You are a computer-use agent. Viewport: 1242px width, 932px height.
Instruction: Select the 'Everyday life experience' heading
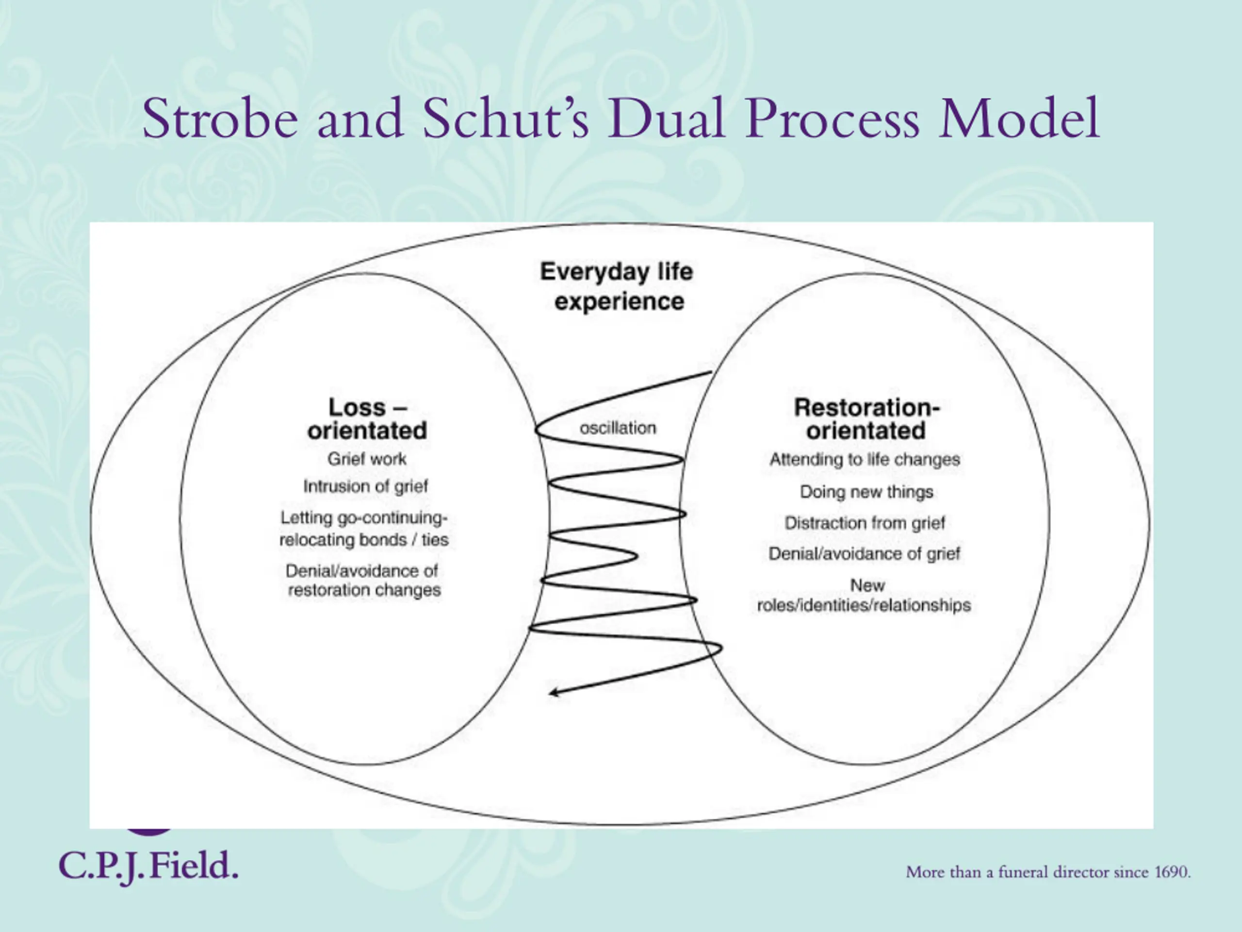(617, 286)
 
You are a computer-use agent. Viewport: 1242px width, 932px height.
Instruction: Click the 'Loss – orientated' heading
(367, 419)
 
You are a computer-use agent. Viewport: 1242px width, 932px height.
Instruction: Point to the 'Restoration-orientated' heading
(866, 419)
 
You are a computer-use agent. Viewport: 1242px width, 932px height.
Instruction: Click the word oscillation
(618, 428)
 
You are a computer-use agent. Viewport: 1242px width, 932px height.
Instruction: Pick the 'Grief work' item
(367, 459)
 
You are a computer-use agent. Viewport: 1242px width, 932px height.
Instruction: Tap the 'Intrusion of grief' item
(365, 486)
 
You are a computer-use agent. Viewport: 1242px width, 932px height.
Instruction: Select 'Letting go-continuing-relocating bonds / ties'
(364, 528)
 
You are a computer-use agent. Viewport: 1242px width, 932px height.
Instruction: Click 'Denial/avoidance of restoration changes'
(363, 581)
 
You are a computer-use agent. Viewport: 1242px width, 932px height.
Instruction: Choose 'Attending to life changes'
(865, 460)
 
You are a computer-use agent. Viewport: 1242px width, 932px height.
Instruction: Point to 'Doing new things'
(866, 492)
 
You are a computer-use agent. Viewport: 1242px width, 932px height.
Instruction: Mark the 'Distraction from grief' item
(865, 523)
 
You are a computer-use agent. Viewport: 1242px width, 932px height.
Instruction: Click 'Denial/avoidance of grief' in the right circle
(864, 554)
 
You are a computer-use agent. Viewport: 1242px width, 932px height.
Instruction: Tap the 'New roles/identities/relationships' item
(864, 596)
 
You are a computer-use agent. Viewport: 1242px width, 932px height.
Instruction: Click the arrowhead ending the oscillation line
(554, 692)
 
